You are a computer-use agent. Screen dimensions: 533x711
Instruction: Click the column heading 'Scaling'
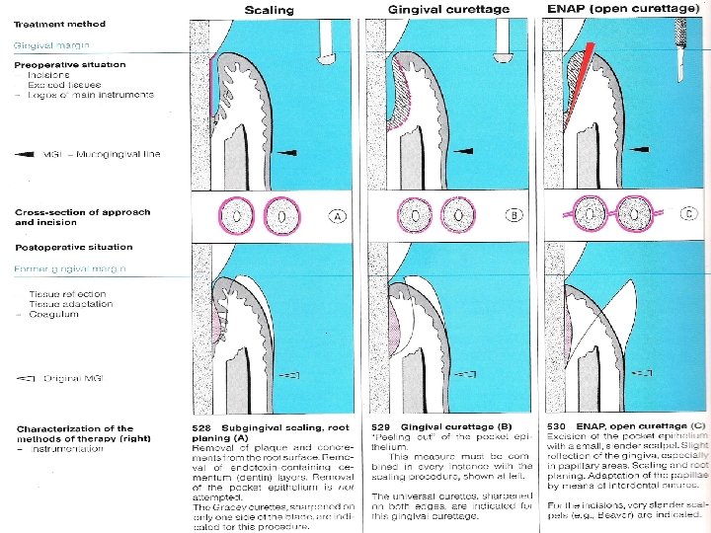pyautogui.click(x=270, y=9)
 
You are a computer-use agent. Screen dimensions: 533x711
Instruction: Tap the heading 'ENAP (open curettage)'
pyautogui.click(x=617, y=9)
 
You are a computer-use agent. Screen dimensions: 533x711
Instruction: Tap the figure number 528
pyautogui.click(x=201, y=427)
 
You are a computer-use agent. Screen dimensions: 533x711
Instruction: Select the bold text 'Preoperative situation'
pyautogui.click(x=70, y=64)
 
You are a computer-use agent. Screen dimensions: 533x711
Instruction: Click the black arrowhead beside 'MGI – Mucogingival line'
pyautogui.click(x=25, y=154)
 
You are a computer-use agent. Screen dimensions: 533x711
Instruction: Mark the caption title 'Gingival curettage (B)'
pyautogui.click(x=444, y=427)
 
